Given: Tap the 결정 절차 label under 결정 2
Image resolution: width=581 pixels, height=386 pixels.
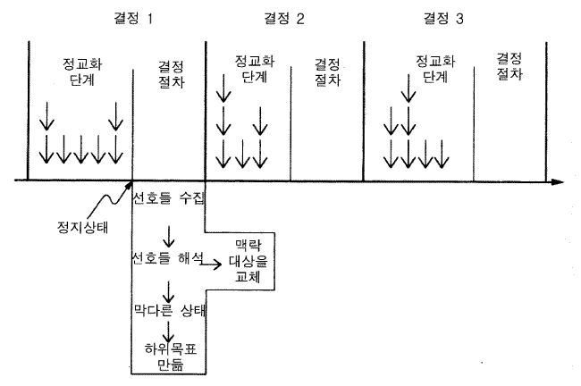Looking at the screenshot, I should pos(328,71).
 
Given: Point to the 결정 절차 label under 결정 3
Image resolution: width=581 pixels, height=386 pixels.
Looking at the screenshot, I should pos(509,65).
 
